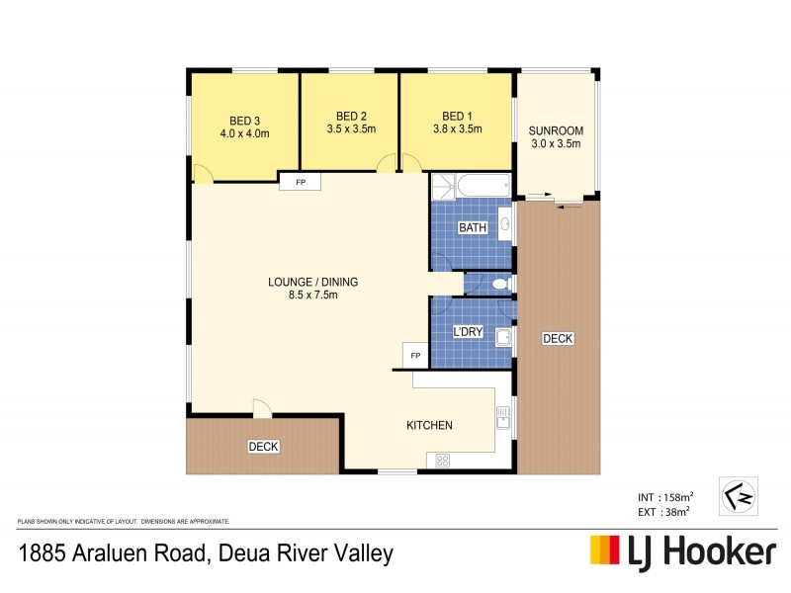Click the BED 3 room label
pos(243,115)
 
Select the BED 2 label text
pos(352,115)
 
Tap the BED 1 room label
pos(457,115)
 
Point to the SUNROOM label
pos(555,130)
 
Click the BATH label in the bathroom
pos(473,228)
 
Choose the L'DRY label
pos(468,332)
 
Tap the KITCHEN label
pos(429,426)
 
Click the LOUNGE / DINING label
pos(312,282)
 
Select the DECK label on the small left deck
pos(263,447)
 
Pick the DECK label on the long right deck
pos(558,339)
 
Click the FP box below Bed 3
pos(299,182)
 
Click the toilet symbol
pos(499,285)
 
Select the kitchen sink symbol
pos(502,418)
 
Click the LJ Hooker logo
pos(682,551)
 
